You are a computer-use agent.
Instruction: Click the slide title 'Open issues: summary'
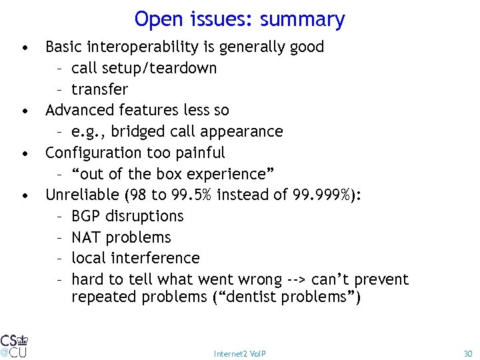coord(239,19)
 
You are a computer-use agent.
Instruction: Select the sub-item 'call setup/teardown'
coord(143,68)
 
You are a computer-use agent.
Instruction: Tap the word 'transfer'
coord(99,89)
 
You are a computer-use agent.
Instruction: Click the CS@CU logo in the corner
coord(14,345)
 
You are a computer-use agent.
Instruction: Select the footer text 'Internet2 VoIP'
coord(239,353)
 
